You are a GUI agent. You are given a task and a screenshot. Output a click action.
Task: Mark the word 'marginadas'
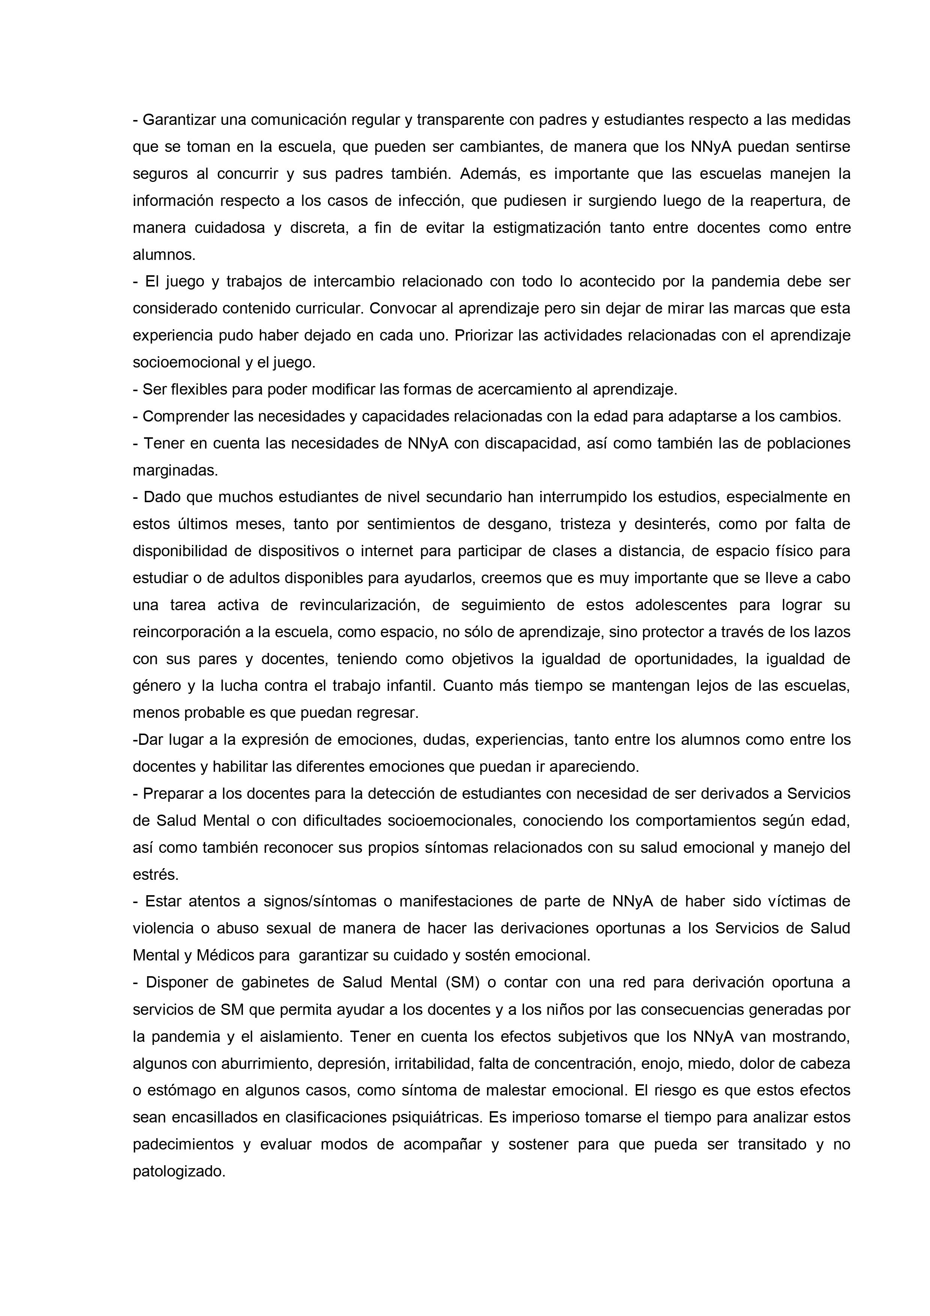coord(175,471)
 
